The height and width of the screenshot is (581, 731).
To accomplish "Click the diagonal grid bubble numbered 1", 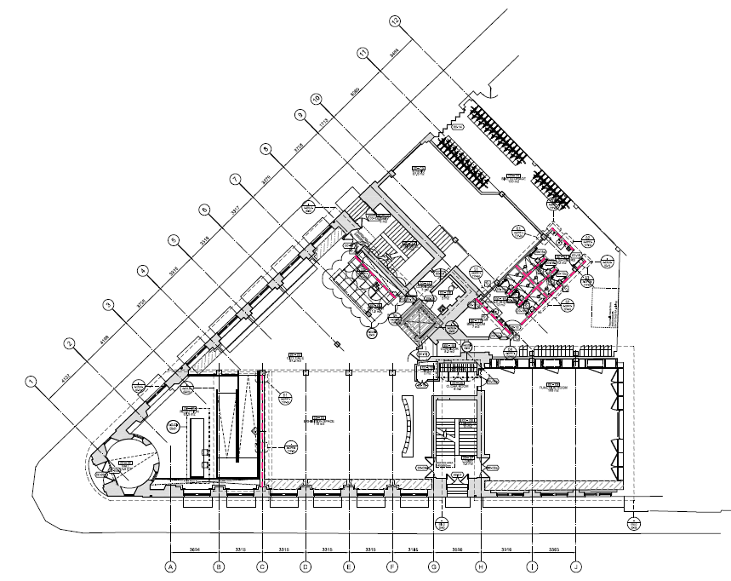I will coord(31,381).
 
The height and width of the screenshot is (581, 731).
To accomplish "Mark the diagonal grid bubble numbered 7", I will coord(235,179).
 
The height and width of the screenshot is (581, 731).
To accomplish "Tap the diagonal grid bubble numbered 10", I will coord(315,100).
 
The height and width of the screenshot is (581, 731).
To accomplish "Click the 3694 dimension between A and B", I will coord(194,549).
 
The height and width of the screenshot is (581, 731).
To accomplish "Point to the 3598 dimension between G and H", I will coord(457,549).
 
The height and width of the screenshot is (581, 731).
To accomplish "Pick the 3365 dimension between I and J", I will coord(554,549).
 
